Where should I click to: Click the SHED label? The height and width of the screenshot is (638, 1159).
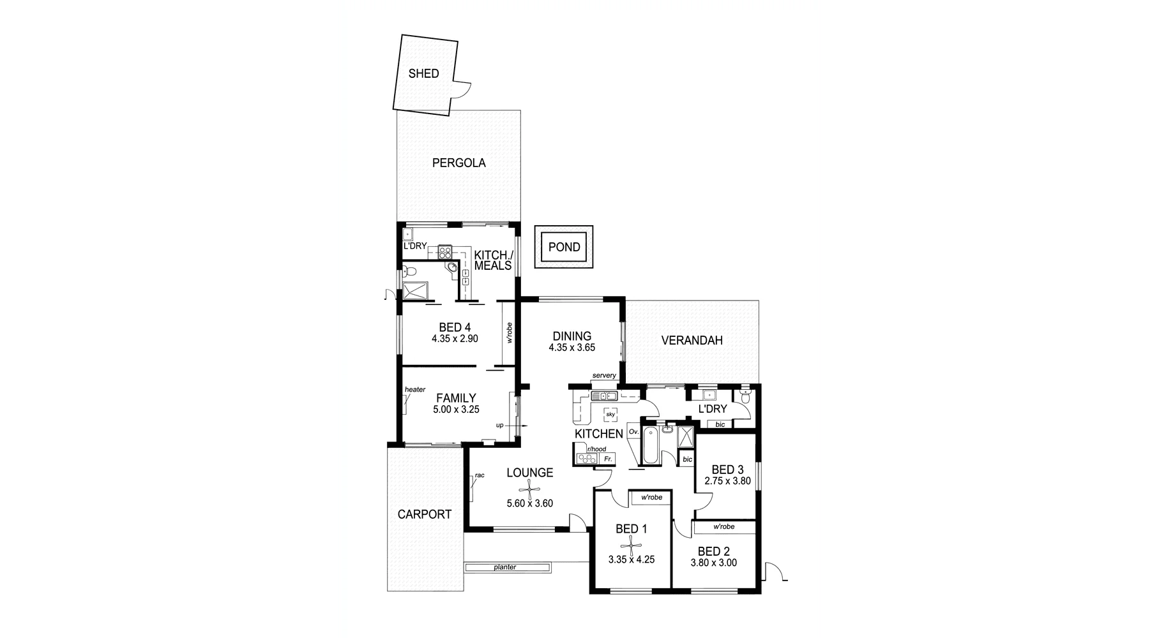click(423, 73)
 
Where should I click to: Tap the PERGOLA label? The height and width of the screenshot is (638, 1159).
click(458, 163)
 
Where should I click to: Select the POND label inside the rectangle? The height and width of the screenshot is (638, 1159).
click(564, 247)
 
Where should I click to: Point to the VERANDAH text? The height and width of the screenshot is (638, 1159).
click(692, 341)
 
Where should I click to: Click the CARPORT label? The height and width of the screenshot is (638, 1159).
click(424, 514)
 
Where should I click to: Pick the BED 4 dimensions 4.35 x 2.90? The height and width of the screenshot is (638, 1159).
click(455, 339)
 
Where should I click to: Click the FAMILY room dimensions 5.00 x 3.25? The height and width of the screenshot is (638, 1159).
click(456, 410)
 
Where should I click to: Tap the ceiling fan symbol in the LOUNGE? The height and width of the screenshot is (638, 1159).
click(529, 490)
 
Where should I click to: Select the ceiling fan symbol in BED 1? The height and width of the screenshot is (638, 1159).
click(631, 545)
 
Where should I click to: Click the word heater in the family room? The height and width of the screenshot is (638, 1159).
click(414, 389)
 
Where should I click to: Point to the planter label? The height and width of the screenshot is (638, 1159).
click(504, 567)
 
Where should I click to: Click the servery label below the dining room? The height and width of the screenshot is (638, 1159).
click(603, 375)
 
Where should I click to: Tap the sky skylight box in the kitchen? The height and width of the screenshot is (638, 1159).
click(610, 414)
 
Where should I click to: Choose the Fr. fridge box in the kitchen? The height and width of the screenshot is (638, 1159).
click(607, 459)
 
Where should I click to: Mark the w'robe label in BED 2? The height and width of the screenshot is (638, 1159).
click(723, 527)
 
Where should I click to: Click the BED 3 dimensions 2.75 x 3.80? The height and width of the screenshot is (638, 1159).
click(727, 481)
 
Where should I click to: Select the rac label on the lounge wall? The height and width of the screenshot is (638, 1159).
click(480, 475)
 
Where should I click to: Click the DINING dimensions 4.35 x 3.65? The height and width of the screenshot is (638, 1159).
click(572, 348)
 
